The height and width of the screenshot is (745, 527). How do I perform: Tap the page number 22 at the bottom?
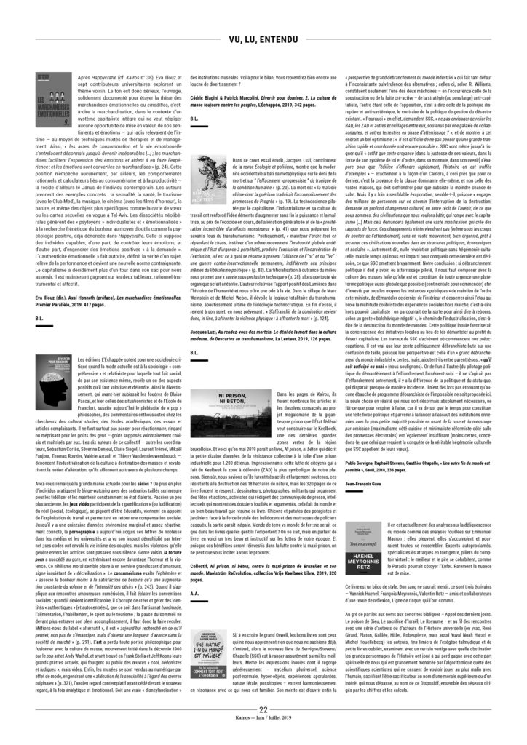pos(263,712)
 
